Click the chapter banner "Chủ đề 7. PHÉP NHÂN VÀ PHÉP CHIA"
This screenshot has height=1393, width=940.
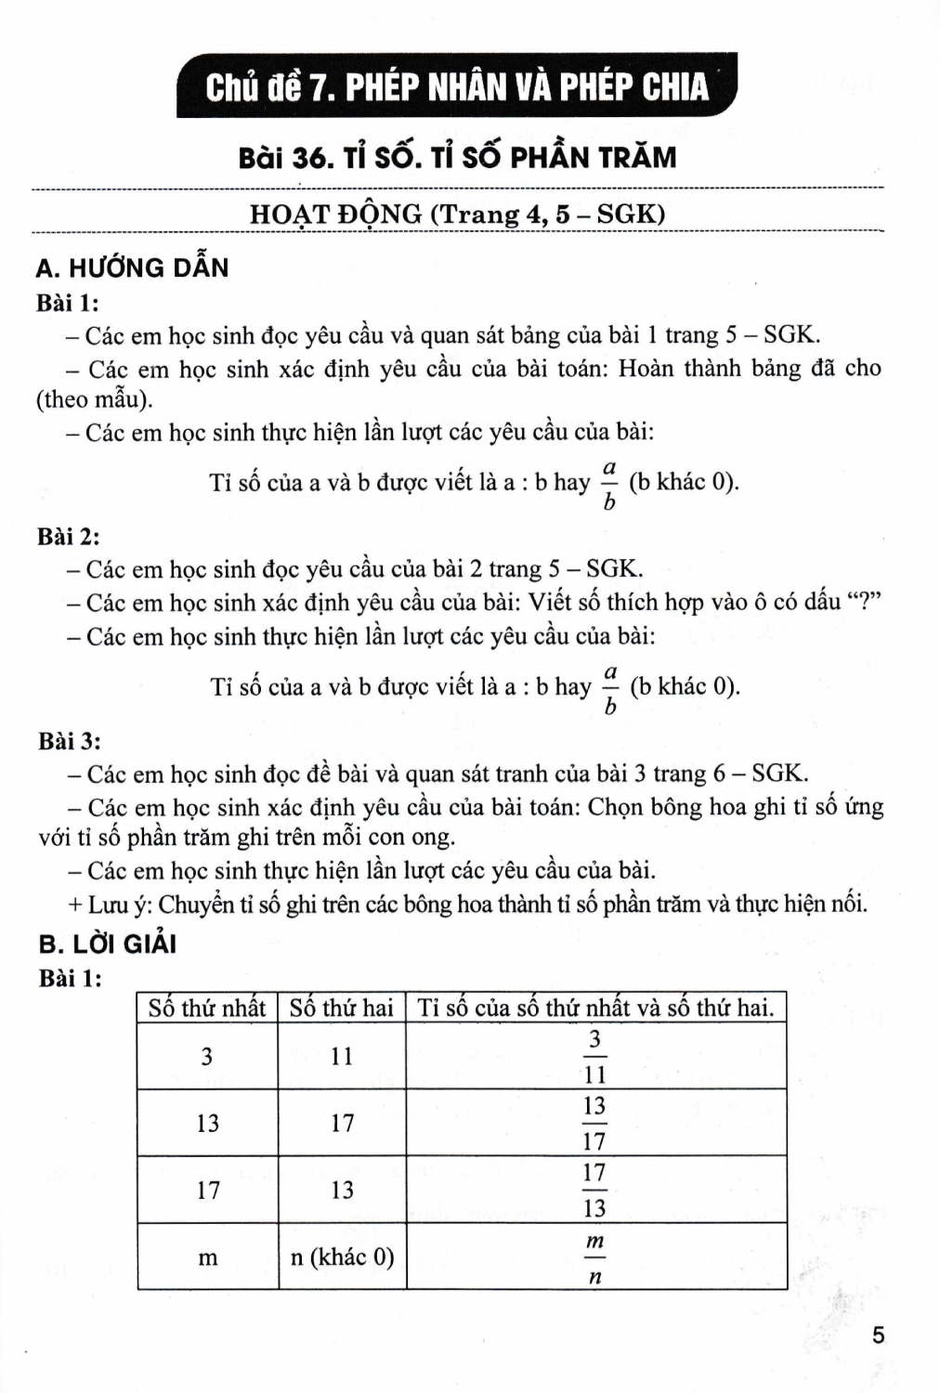(x=456, y=86)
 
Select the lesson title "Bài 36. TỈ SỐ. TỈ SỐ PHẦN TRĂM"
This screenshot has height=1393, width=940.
(x=457, y=157)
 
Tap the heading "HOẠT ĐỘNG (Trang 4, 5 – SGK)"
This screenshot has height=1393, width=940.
(x=457, y=215)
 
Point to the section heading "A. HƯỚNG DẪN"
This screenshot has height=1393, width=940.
(x=131, y=267)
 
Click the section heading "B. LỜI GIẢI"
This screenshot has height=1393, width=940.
(x=108, y=944)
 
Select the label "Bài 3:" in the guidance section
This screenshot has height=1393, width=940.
(x=70, y=741)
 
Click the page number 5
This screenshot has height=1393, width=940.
(x=878, y=1335)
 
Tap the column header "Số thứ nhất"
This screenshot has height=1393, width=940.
(x=207, y=1008)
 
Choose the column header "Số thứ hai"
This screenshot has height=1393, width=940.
(x=342, y=1008)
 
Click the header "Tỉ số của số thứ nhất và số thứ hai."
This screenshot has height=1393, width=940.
(x=595, y=1008)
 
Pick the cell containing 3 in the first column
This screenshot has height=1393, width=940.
(x=207, y=1056)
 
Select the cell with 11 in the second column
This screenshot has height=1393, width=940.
(x=342, y=1056)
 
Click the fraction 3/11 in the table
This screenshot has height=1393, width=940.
(x=595, y=1057)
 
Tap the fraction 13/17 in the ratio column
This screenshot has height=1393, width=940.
(x=594, y=1123)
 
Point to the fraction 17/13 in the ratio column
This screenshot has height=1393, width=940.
(x=594, y=1190)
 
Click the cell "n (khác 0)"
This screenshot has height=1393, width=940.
(x=342, y=1256)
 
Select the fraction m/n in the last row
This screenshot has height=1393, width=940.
(x=595, y=1258)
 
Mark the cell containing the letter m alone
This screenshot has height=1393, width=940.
(x=207, y=1257)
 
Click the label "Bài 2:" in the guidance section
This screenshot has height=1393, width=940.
(x=70, y=537)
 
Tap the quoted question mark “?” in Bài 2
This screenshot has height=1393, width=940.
(x=864, y=603)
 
